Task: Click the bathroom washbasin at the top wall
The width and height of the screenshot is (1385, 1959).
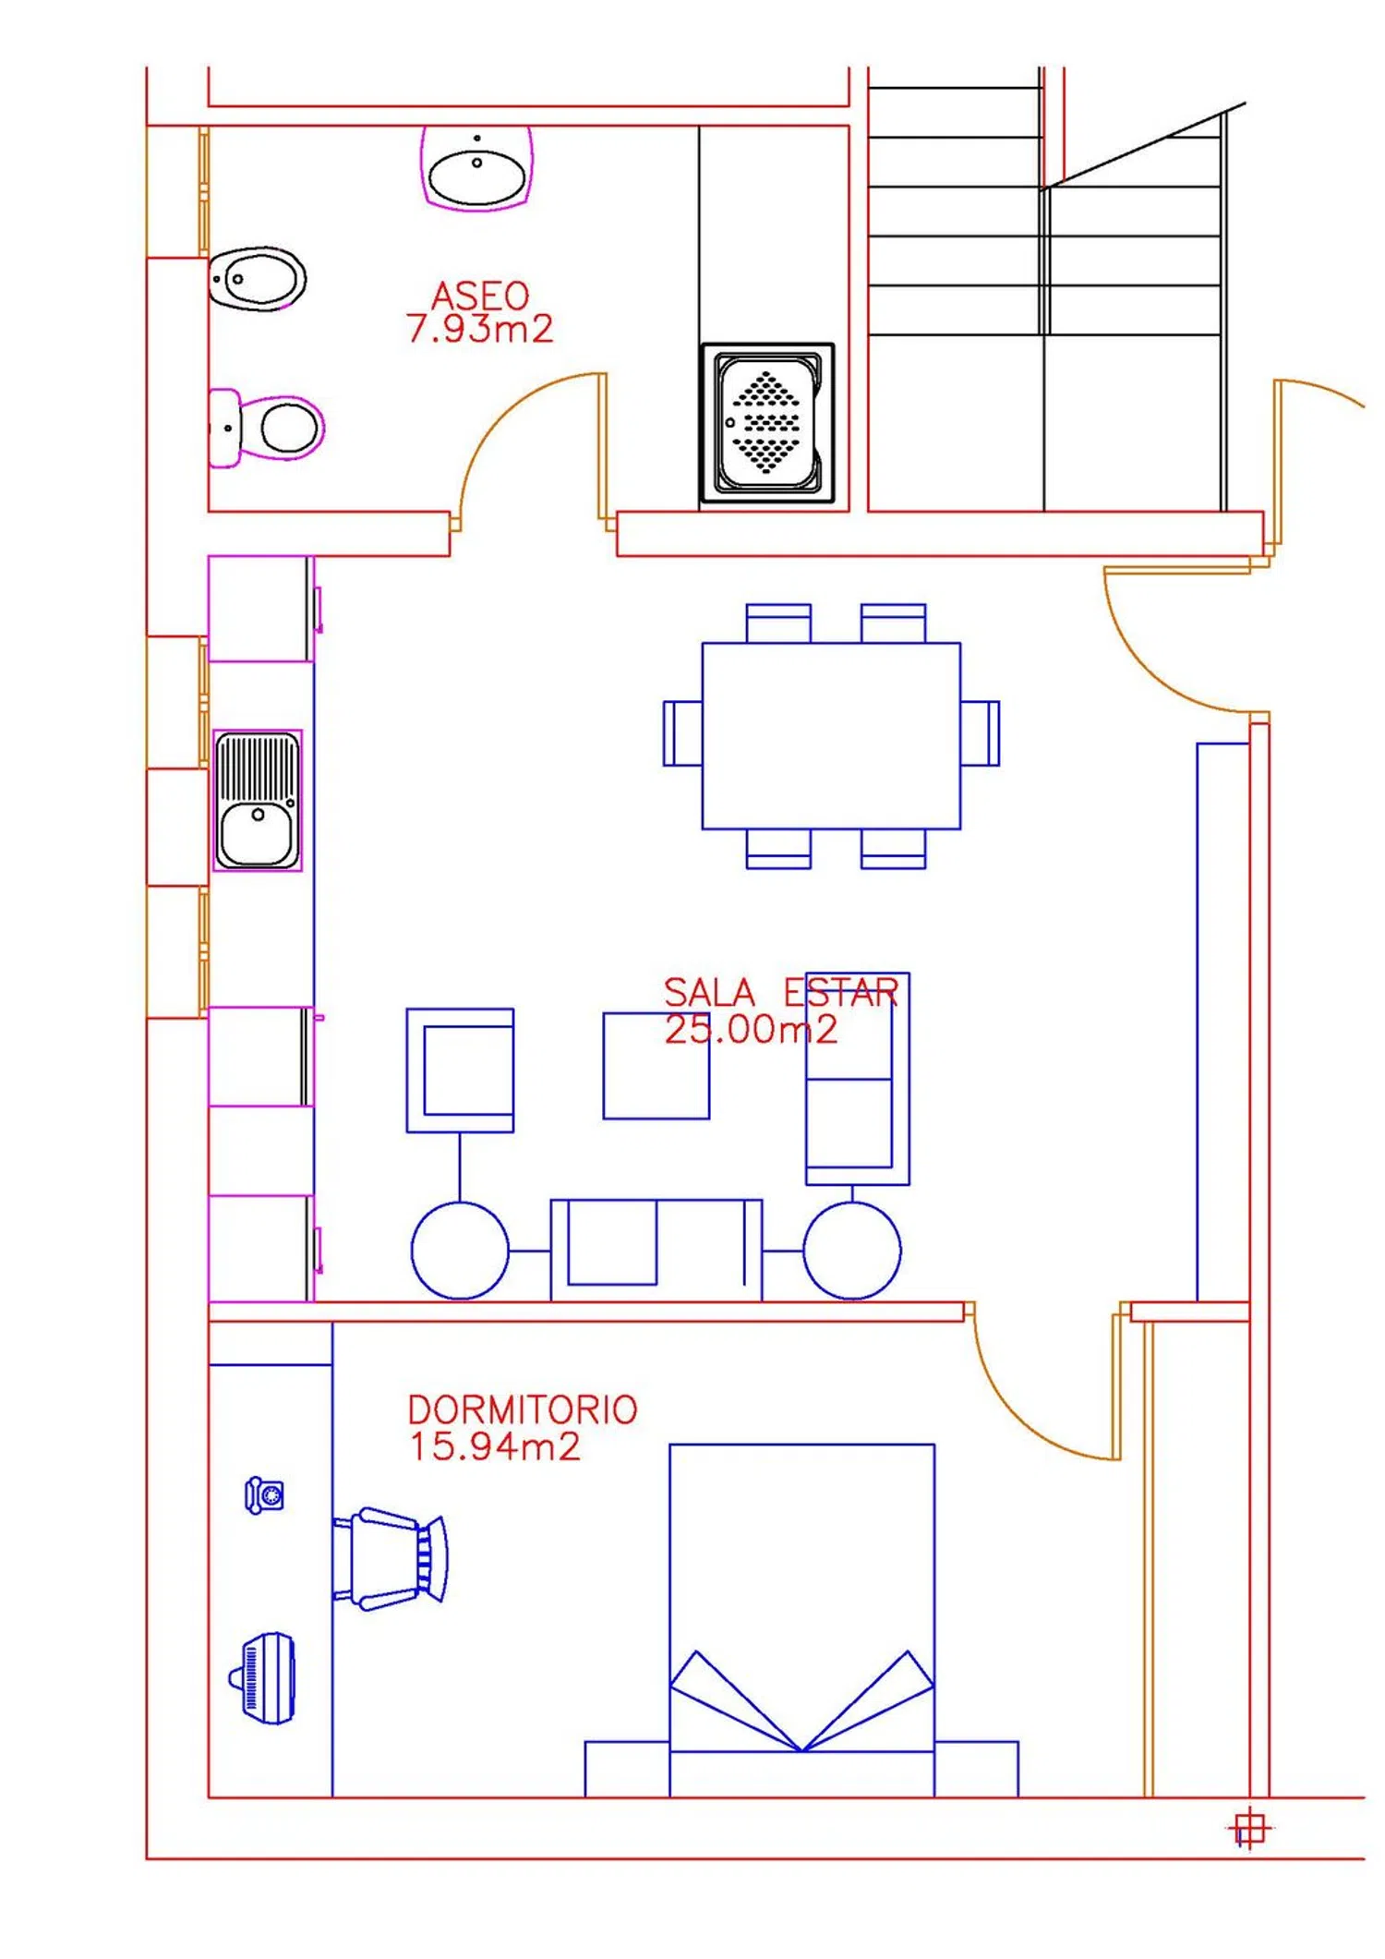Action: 476,168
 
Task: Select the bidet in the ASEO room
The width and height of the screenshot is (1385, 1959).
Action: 257,279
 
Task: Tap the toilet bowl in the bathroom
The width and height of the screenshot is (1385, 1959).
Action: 267,428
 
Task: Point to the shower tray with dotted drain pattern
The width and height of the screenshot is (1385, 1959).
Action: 767,423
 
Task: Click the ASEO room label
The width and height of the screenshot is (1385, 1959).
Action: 480,296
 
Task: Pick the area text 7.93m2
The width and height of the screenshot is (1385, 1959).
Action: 479,329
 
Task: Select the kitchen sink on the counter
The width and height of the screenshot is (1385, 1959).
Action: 258,800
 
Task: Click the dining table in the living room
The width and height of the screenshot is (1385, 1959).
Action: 831,736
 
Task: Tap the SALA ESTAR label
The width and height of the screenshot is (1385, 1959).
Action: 780,993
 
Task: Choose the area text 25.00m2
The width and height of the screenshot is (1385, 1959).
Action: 751,1029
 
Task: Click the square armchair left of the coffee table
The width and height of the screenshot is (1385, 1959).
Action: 460,1070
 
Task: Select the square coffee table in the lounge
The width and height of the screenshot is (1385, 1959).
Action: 656,1066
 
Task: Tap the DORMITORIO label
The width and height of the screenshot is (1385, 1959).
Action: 523,1409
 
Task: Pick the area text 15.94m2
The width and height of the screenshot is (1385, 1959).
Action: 495,1446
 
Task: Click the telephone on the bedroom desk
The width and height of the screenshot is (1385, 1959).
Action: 264,1495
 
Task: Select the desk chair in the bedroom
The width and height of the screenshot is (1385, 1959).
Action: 390,1559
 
